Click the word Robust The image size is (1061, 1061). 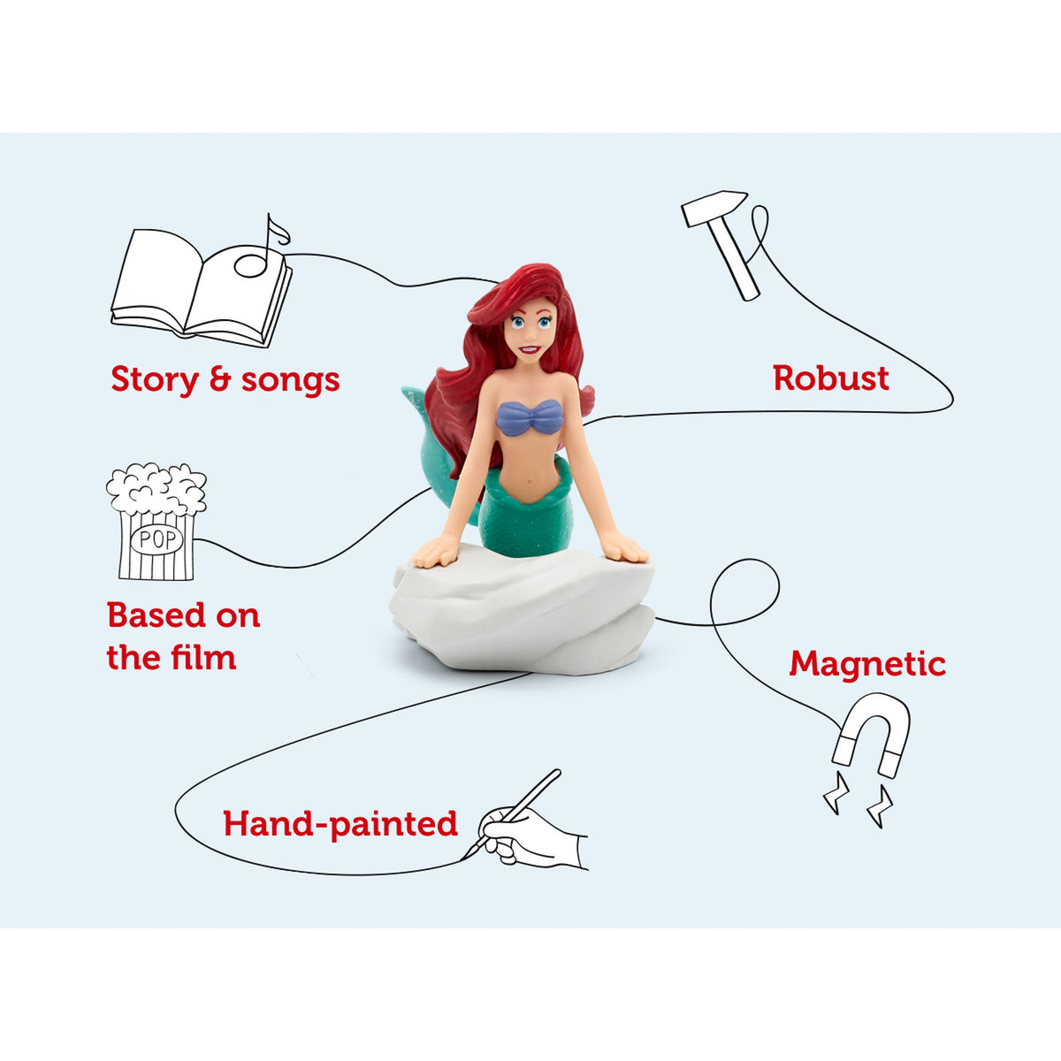(830, 378)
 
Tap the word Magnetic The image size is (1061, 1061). (866, 663)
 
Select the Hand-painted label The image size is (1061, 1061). (340, 823)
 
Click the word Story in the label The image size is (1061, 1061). (154, 380)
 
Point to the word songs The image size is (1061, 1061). (290, 380)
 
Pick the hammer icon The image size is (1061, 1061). (724, 240)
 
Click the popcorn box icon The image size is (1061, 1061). (156, 522)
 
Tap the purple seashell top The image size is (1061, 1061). (529, 417)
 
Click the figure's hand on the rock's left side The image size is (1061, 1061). (436, 553)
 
